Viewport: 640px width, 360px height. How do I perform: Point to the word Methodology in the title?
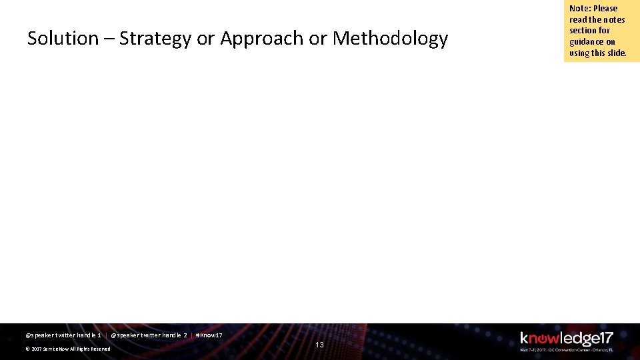[390, 39]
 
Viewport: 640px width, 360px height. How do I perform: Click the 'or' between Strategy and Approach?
[205, 39]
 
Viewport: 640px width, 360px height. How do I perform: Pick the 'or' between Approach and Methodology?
[318, 39]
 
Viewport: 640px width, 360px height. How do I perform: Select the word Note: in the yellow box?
[579, 9]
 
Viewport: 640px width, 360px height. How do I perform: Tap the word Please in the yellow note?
[605, 9]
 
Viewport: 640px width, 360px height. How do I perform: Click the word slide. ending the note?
[616, 53]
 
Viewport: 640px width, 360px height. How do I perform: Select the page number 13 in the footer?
[319, 345]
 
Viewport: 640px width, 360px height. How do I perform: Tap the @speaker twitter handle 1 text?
[63, 335]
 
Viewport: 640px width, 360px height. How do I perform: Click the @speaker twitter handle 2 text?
[149, 335]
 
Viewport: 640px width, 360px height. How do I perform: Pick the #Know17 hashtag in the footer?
[209, 335]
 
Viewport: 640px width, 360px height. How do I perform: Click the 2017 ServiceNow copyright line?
[68, 349]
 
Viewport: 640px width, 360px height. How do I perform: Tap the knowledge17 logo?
[566, 339]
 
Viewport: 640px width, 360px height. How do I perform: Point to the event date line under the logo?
[566, 349]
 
